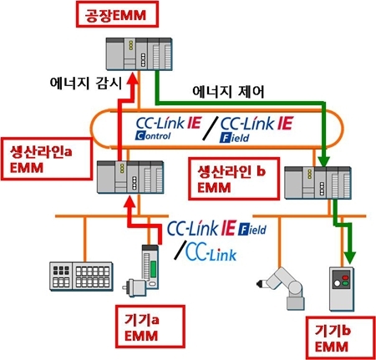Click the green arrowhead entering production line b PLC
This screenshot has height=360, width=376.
click(x=323, y=160)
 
